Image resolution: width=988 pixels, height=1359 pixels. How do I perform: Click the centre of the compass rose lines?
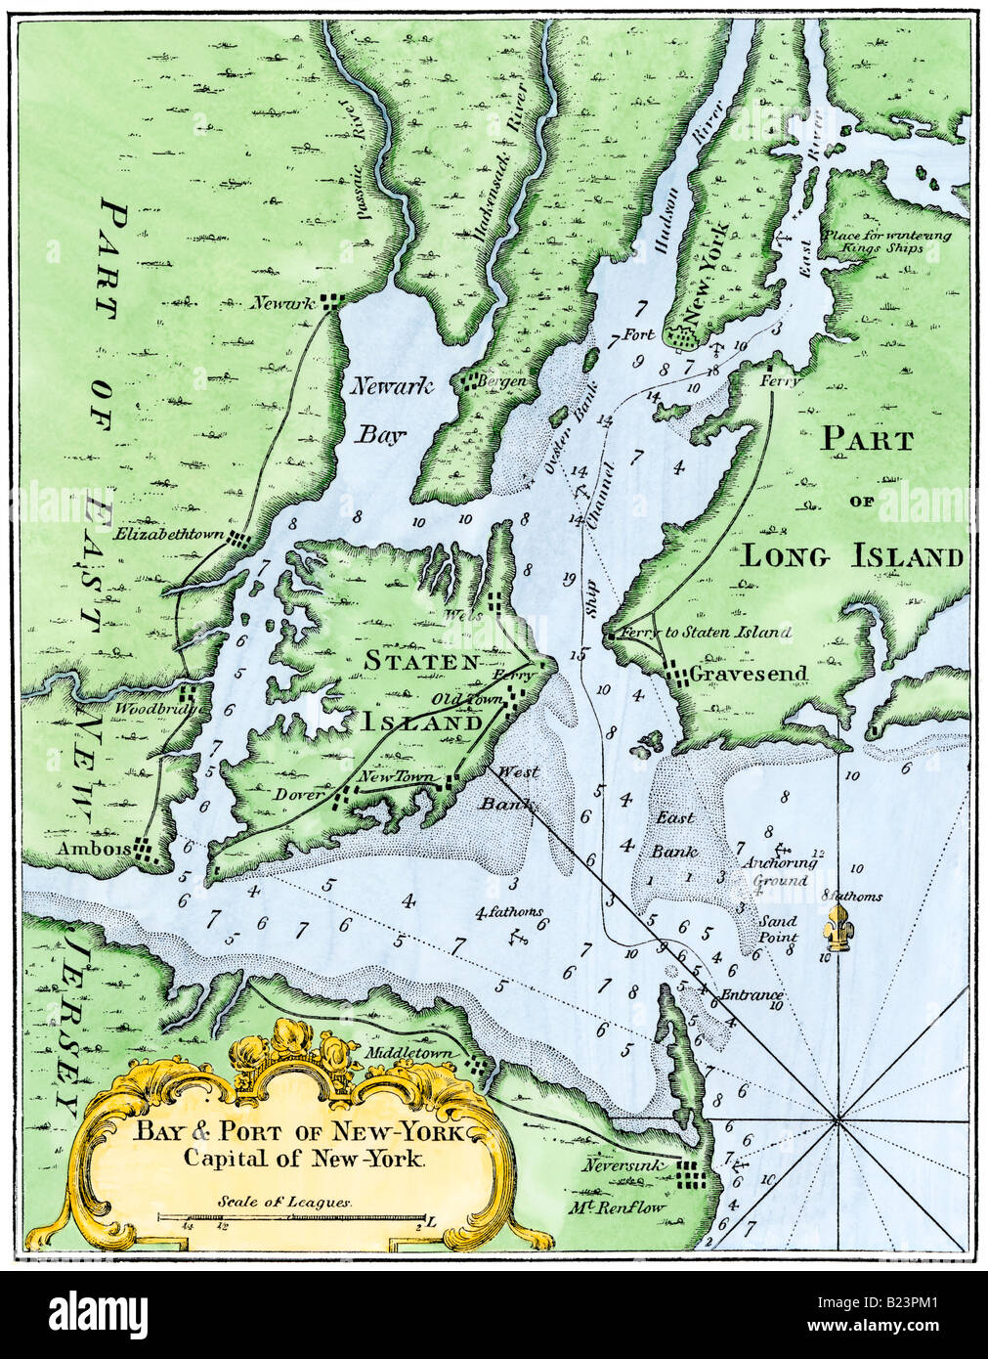click(838, 1119)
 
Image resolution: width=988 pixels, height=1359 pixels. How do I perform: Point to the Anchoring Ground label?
click(774, 872)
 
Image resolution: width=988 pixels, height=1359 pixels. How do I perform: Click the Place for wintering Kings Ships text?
click(885, 242)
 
